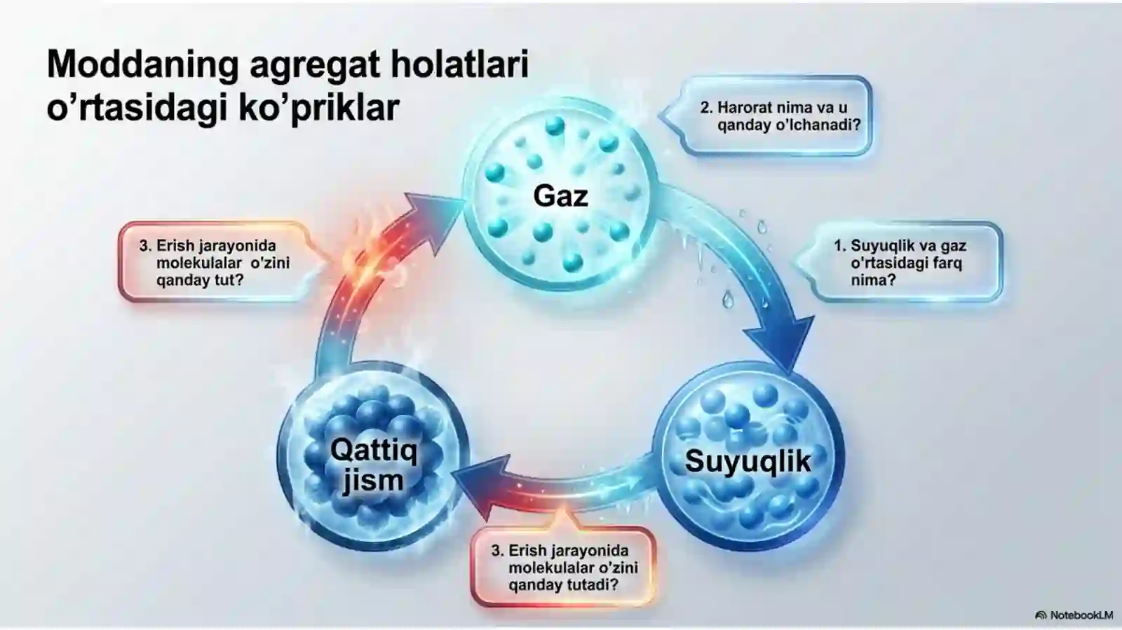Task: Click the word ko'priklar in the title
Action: tap(318, 108)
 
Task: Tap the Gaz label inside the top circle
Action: tap(560, 196)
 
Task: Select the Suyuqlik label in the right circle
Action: tap(748, 461)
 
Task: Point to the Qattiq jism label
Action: tap(374, 465)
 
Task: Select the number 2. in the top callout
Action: tap(706, 108)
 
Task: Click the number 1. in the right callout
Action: tap(840, 246)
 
